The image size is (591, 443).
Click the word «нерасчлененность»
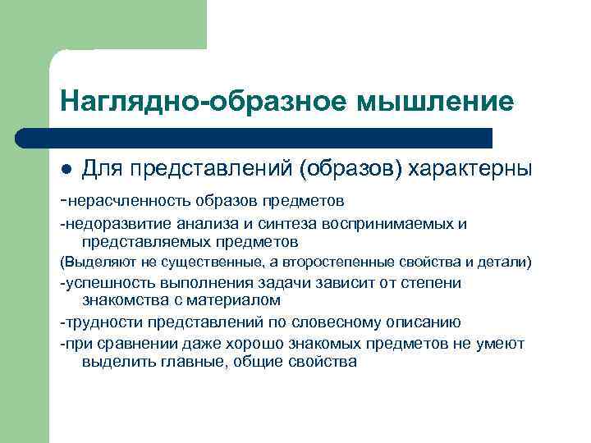(x=131, y=199)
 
